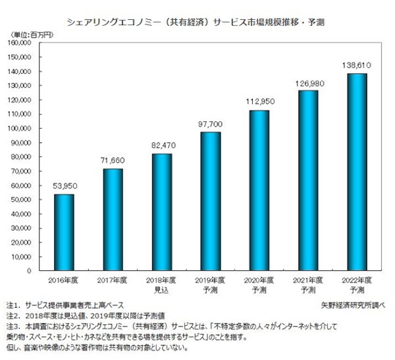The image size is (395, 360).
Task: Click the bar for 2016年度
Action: click(x=64, y=233)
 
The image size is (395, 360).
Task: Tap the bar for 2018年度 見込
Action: click(x=161, y=212)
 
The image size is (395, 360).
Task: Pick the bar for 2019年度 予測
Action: click(x=211, y=201)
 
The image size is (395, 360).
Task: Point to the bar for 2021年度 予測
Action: click(x=308, y=180)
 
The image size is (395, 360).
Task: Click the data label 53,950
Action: click(x=64, y=186)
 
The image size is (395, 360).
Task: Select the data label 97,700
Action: click(x=211, y=124)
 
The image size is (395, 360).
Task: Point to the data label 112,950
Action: click(x=260, y=102)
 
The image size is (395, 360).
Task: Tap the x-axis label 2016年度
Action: click(x=64, y=281)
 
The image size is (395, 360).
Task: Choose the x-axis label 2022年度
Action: click(x=357, y=281)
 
